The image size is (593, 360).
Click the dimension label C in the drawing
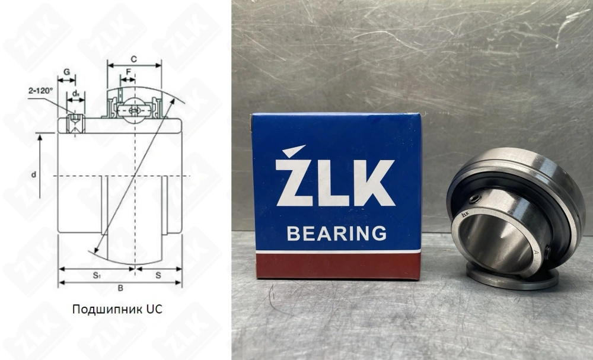tap(134, 59)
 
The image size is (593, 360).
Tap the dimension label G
tap(66, 72)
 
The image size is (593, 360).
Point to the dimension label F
tap(127, 72)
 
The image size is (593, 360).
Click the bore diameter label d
tap(34, 174)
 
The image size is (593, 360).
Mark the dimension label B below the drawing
tap(120, 288)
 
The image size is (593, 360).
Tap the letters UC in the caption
tap(154, 309)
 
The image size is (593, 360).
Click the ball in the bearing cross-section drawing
tap(135, 111)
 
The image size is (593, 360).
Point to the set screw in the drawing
tap(75, 124)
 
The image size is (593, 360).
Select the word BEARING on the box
tap(336, 233)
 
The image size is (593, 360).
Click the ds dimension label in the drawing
tap(76, 93)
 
